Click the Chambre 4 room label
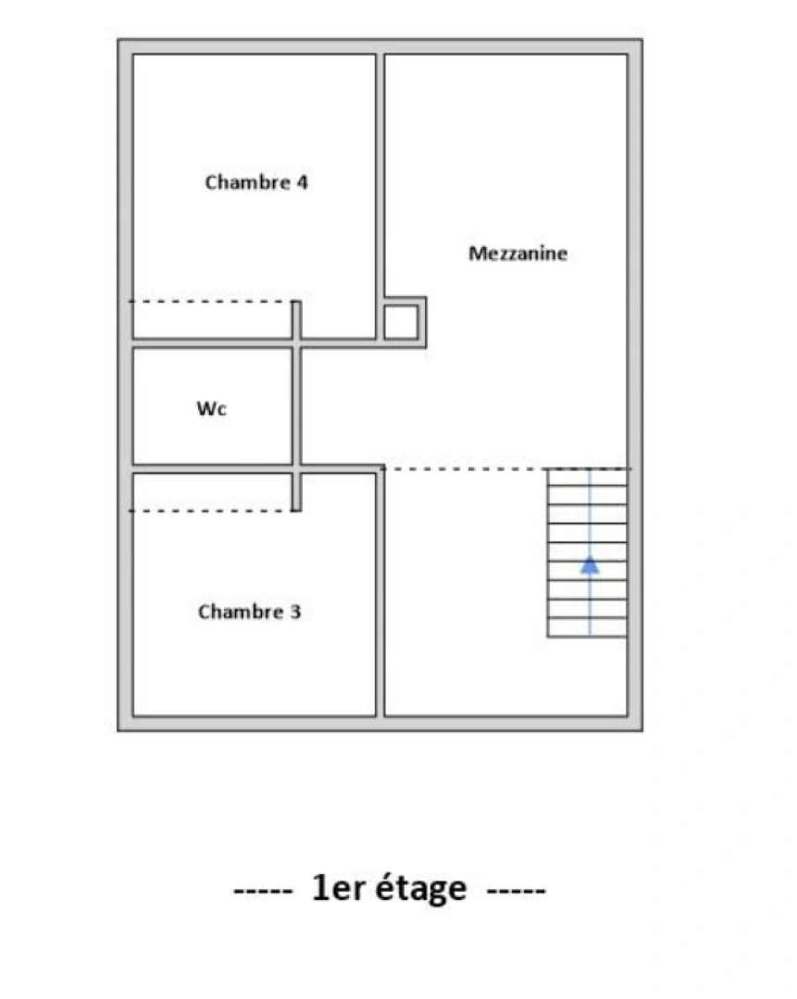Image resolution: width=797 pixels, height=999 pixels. tap(256, 182)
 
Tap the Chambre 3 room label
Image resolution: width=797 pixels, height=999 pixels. tap(249, 612)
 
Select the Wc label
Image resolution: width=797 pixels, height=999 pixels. tap(211, 408)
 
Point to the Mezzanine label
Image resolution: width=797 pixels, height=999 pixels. tap(517, 253)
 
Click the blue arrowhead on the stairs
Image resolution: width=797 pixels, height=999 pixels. tap(590, 564)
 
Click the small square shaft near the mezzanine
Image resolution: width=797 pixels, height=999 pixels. tap(401, 322)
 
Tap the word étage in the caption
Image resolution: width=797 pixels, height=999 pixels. tap(422, 889)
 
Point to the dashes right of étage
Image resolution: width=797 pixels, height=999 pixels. tap(516, 890)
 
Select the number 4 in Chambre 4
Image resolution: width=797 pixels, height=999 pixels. tap(302, 182)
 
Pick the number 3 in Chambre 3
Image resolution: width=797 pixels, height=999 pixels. tap(294, 612)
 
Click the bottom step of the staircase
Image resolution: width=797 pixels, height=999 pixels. tap(587, 628)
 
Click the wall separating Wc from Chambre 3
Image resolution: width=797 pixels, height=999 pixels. tap(213, 469)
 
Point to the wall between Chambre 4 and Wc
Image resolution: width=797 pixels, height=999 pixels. tap(213, 343)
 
